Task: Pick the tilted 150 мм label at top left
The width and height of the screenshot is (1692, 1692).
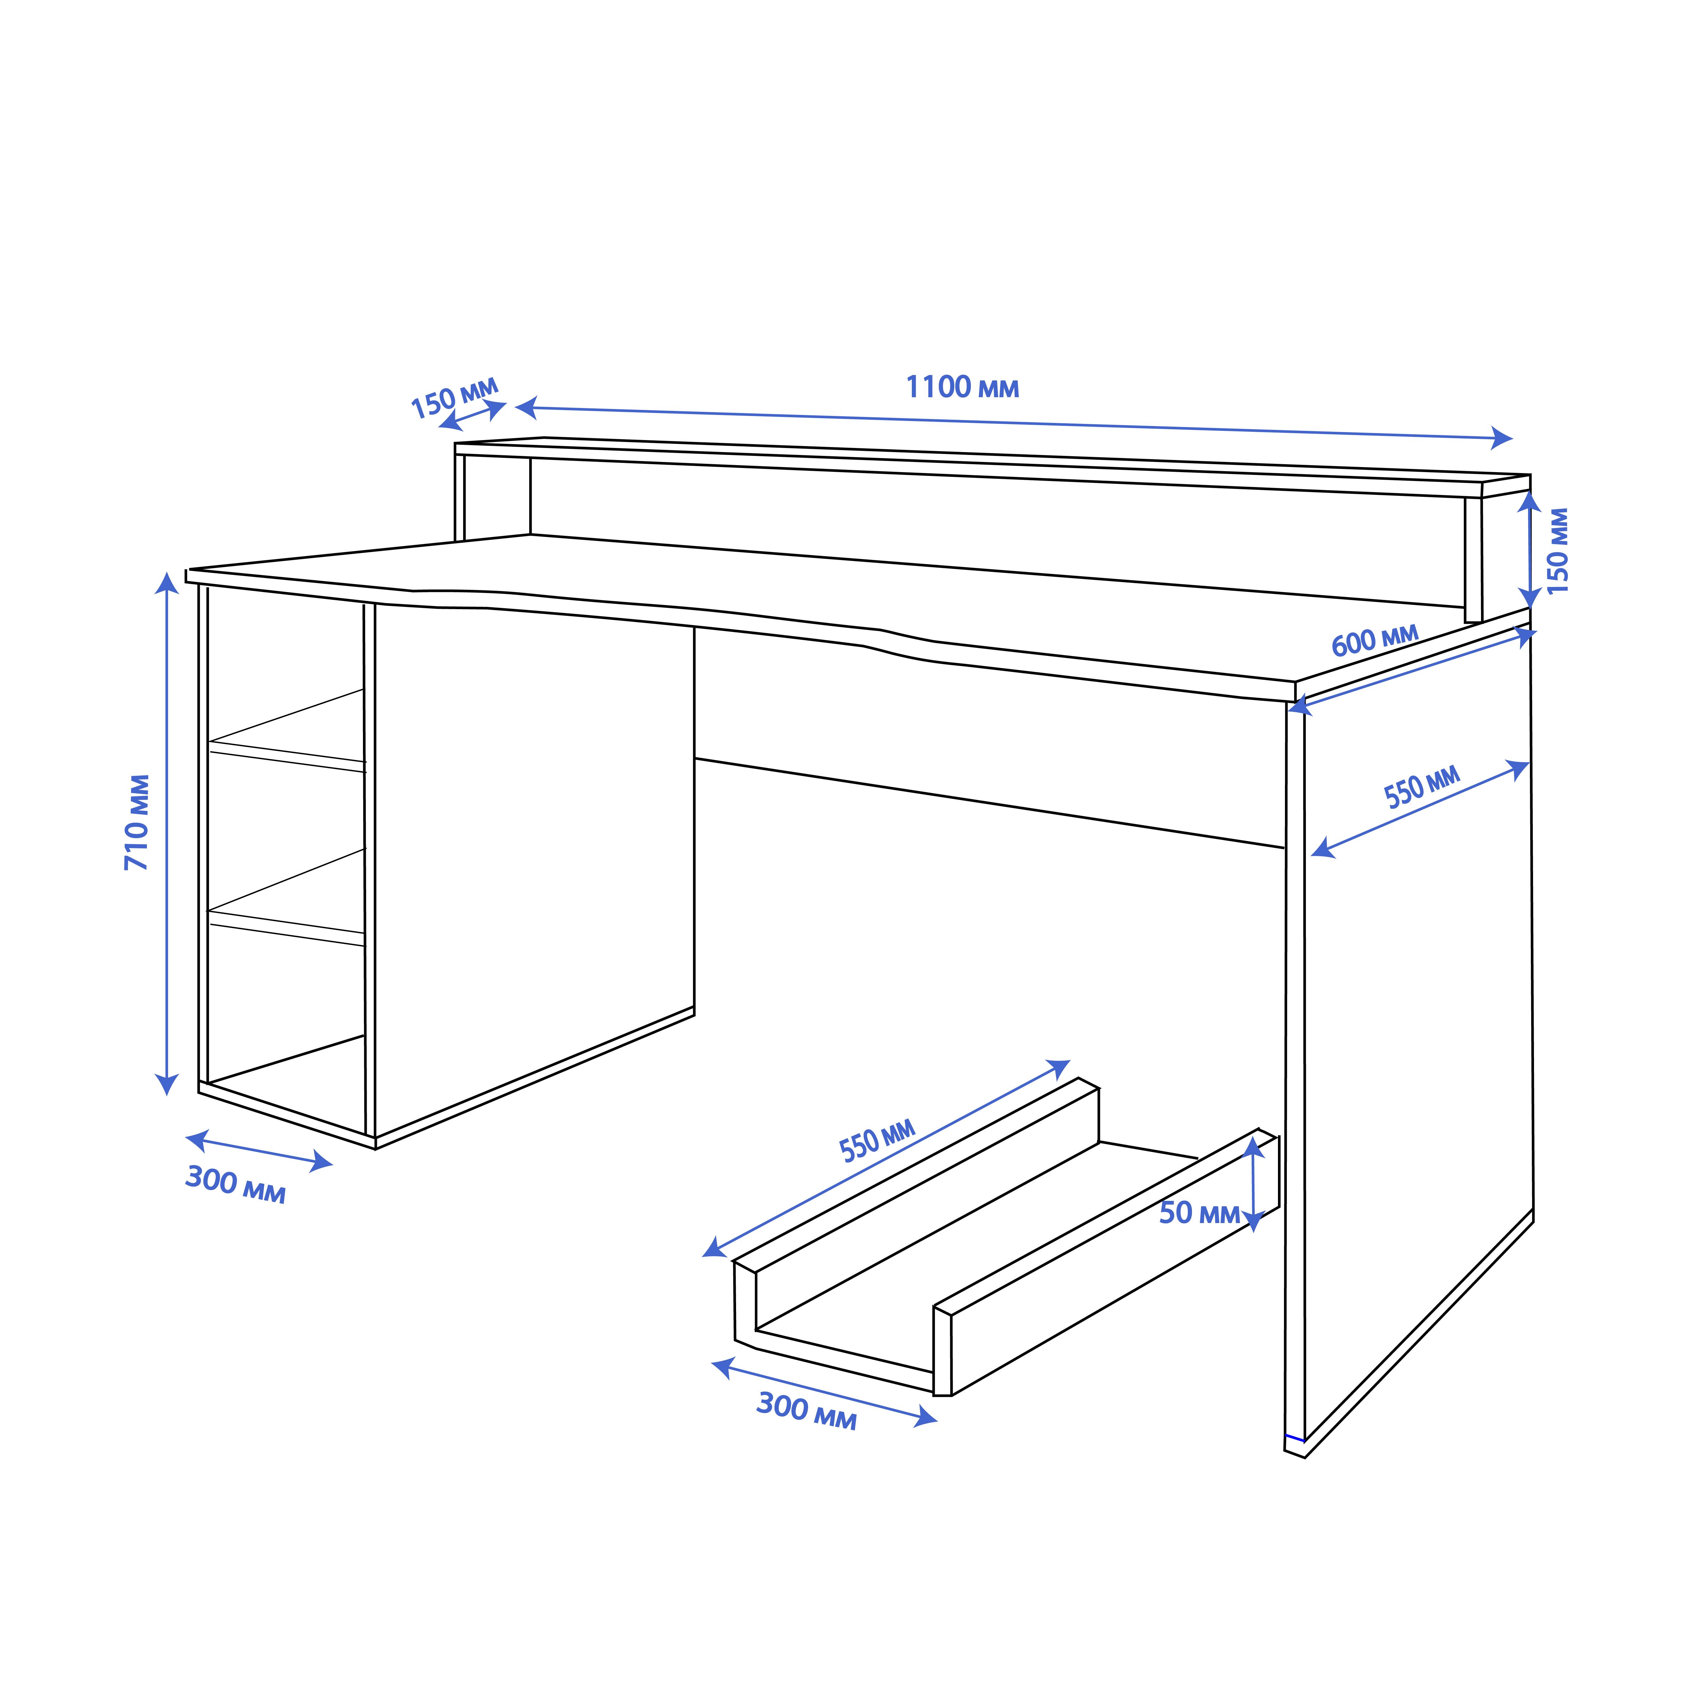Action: click(x=455, y=398)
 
